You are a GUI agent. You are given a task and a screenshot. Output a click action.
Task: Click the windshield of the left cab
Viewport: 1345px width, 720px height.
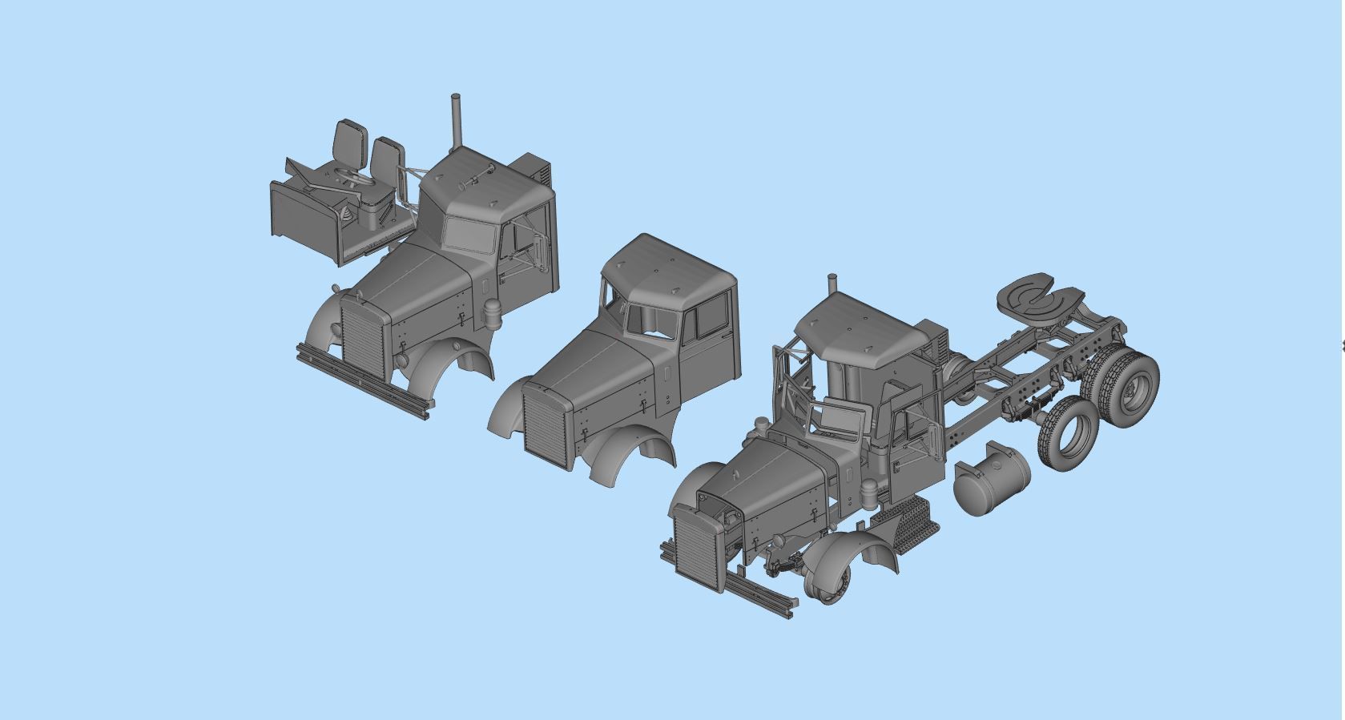point(470,235)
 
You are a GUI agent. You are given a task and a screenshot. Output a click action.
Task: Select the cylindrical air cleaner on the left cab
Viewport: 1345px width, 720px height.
point(491,314)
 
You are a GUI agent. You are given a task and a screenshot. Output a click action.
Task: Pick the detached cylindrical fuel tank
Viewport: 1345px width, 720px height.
point(991,479)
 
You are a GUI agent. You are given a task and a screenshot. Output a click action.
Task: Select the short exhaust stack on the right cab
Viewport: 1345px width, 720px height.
point(832,286)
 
